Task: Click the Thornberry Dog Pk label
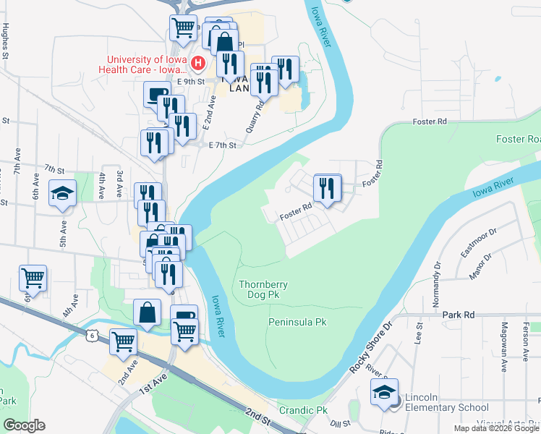tap(263, 289)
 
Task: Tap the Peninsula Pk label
tap(298, 321)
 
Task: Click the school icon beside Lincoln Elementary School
tap(384, 396)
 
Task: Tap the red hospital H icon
tap(197, 66)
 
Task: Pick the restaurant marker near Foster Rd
tap(328, 190)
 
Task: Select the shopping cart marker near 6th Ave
tap(33, 278)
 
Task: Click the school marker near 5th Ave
tap(62, 194)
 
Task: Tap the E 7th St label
tap(223, 145)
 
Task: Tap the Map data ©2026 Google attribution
tap(496, 428)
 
